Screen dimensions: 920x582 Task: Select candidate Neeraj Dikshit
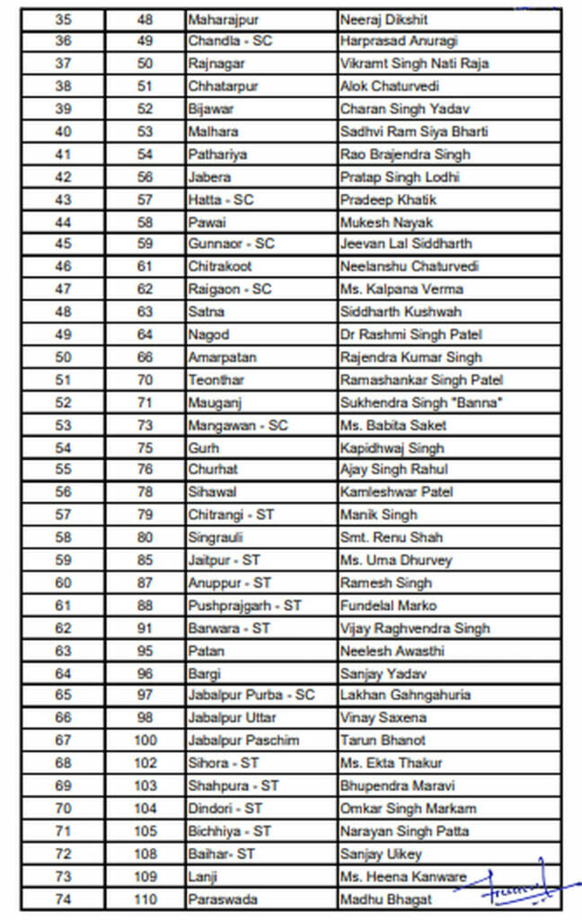[x=384, y=19]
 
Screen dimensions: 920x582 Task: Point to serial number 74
[x=63, y=898]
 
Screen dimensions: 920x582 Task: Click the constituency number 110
[x=145, y=898]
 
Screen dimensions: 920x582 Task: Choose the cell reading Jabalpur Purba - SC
[x=251, y=694]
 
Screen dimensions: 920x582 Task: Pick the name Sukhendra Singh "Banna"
[x=420, y=402]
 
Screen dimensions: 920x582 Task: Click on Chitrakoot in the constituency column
[x=220, y=266]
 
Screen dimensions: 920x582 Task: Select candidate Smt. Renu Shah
[x=391, y=537]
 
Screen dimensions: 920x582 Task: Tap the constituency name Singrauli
[x=215, y=537]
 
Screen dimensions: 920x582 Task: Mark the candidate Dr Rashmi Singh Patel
[x=411, y=334]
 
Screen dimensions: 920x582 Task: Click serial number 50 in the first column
[x=63, y=357]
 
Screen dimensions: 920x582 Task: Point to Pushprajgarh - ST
[x=244, y=606]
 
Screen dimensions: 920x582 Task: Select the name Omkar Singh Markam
[x=408, y=809]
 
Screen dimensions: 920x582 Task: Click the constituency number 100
[x=145, y=740]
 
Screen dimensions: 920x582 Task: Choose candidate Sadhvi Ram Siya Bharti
[x=414, y=131]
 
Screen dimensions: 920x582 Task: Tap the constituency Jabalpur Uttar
[x=232, y=718]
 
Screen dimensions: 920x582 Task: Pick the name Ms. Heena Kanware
[x=403, y=876]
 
